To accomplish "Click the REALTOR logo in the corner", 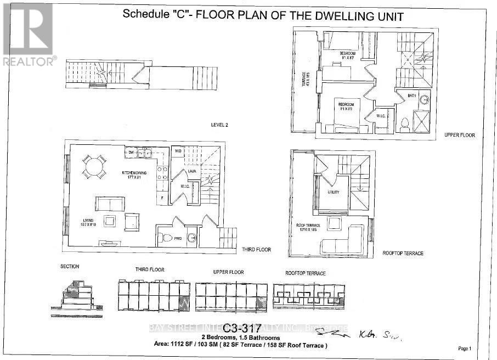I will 29,34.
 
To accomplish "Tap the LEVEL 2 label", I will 219,125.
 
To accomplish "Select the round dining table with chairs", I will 95,166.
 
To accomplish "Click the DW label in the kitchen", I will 131,152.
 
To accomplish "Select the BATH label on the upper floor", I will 412,95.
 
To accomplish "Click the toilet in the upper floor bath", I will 404,123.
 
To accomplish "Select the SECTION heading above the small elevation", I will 70,267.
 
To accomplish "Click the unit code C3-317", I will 242,328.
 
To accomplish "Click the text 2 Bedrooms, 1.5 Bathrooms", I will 240,337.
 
